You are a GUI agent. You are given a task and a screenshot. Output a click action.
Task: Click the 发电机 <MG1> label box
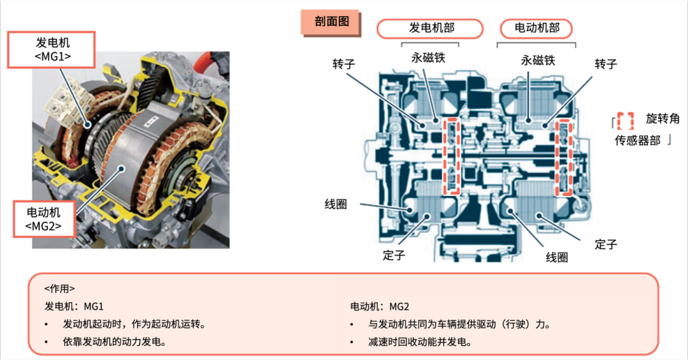(52, 50)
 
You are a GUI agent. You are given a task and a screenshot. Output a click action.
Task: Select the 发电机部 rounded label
(427, 29)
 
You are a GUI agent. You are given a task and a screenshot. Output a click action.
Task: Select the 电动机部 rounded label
(536, 29)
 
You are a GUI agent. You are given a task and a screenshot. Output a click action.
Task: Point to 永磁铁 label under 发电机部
(427, 58)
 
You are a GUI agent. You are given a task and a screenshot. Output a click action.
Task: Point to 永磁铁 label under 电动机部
(538, 60)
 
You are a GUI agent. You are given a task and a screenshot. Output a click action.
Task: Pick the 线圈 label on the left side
(336, 205)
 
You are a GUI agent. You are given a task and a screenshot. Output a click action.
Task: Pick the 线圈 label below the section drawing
(556, 257)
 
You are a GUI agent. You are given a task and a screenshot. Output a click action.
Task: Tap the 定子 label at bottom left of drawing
(393, 256)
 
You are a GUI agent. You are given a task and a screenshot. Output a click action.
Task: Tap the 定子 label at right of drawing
(605, 243)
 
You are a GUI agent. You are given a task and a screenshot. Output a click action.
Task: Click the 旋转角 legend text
(663, 119)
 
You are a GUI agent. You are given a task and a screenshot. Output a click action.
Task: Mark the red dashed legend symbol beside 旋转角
(626, 119)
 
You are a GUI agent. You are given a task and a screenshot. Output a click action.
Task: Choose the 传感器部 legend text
(637, 141)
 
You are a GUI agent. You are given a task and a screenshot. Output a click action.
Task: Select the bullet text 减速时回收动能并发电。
(420, 342)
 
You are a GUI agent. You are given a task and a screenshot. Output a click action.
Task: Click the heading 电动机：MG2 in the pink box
(380, 306)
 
